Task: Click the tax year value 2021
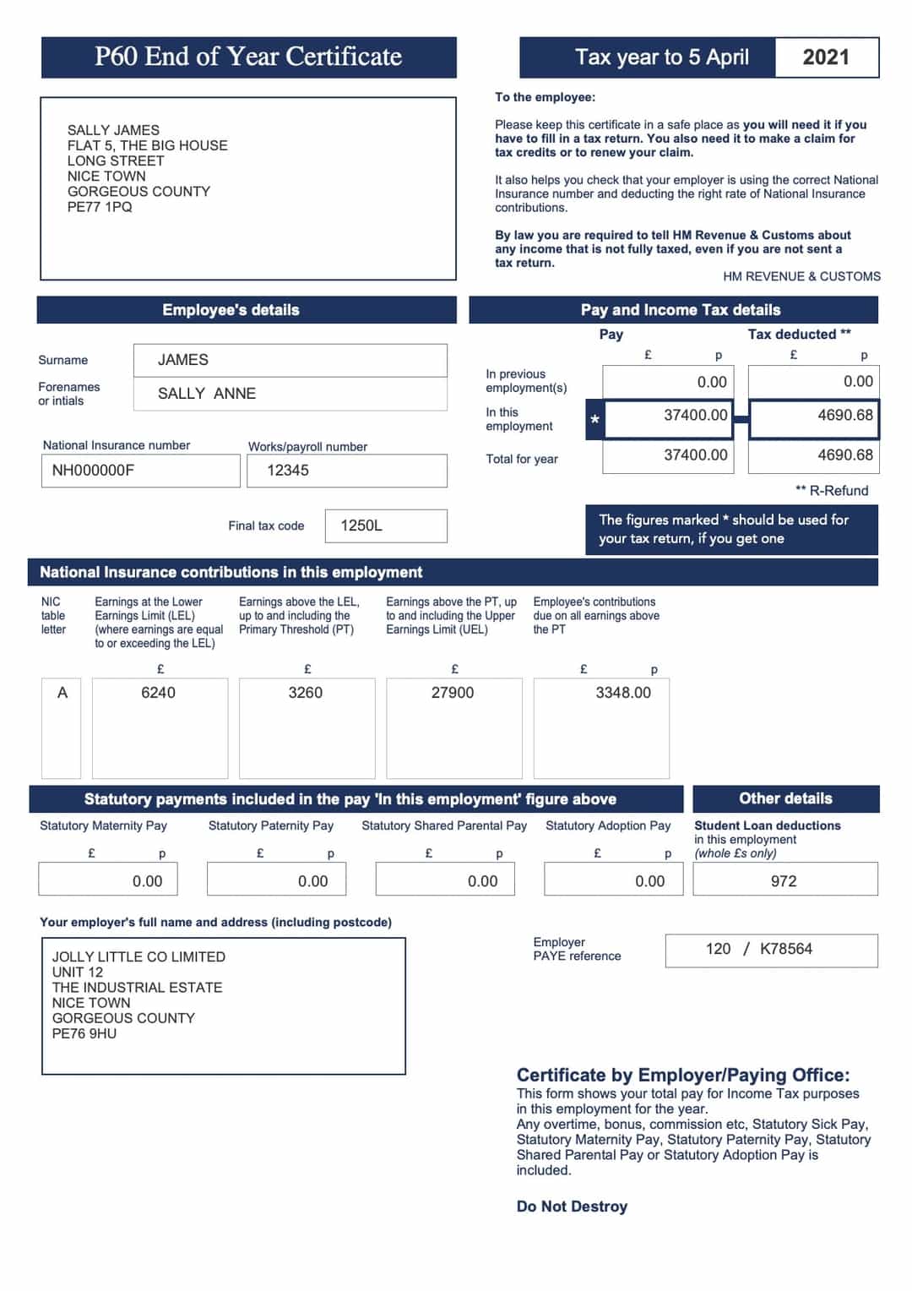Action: coord(825,57)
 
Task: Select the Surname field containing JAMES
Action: coord(290,360)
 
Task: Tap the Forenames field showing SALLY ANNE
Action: coord(290,394)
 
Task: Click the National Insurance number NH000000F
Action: coord(140,471)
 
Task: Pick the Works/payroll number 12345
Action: coord(346,471)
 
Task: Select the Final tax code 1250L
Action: coord(385,526)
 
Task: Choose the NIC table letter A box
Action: coord(62,693)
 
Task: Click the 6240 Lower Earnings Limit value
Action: coord(159,693)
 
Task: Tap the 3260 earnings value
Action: coord(306,693)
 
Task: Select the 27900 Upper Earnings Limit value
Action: coord(453,693)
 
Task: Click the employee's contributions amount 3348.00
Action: coord(623,693)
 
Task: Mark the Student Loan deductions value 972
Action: coord(784,881)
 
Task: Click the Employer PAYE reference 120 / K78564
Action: coord(759,949)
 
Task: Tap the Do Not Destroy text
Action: coord(572,1207)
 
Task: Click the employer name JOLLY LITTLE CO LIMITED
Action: coord(138,956)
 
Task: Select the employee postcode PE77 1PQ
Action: coord(100,207)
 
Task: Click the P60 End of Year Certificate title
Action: coord(248,57)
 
